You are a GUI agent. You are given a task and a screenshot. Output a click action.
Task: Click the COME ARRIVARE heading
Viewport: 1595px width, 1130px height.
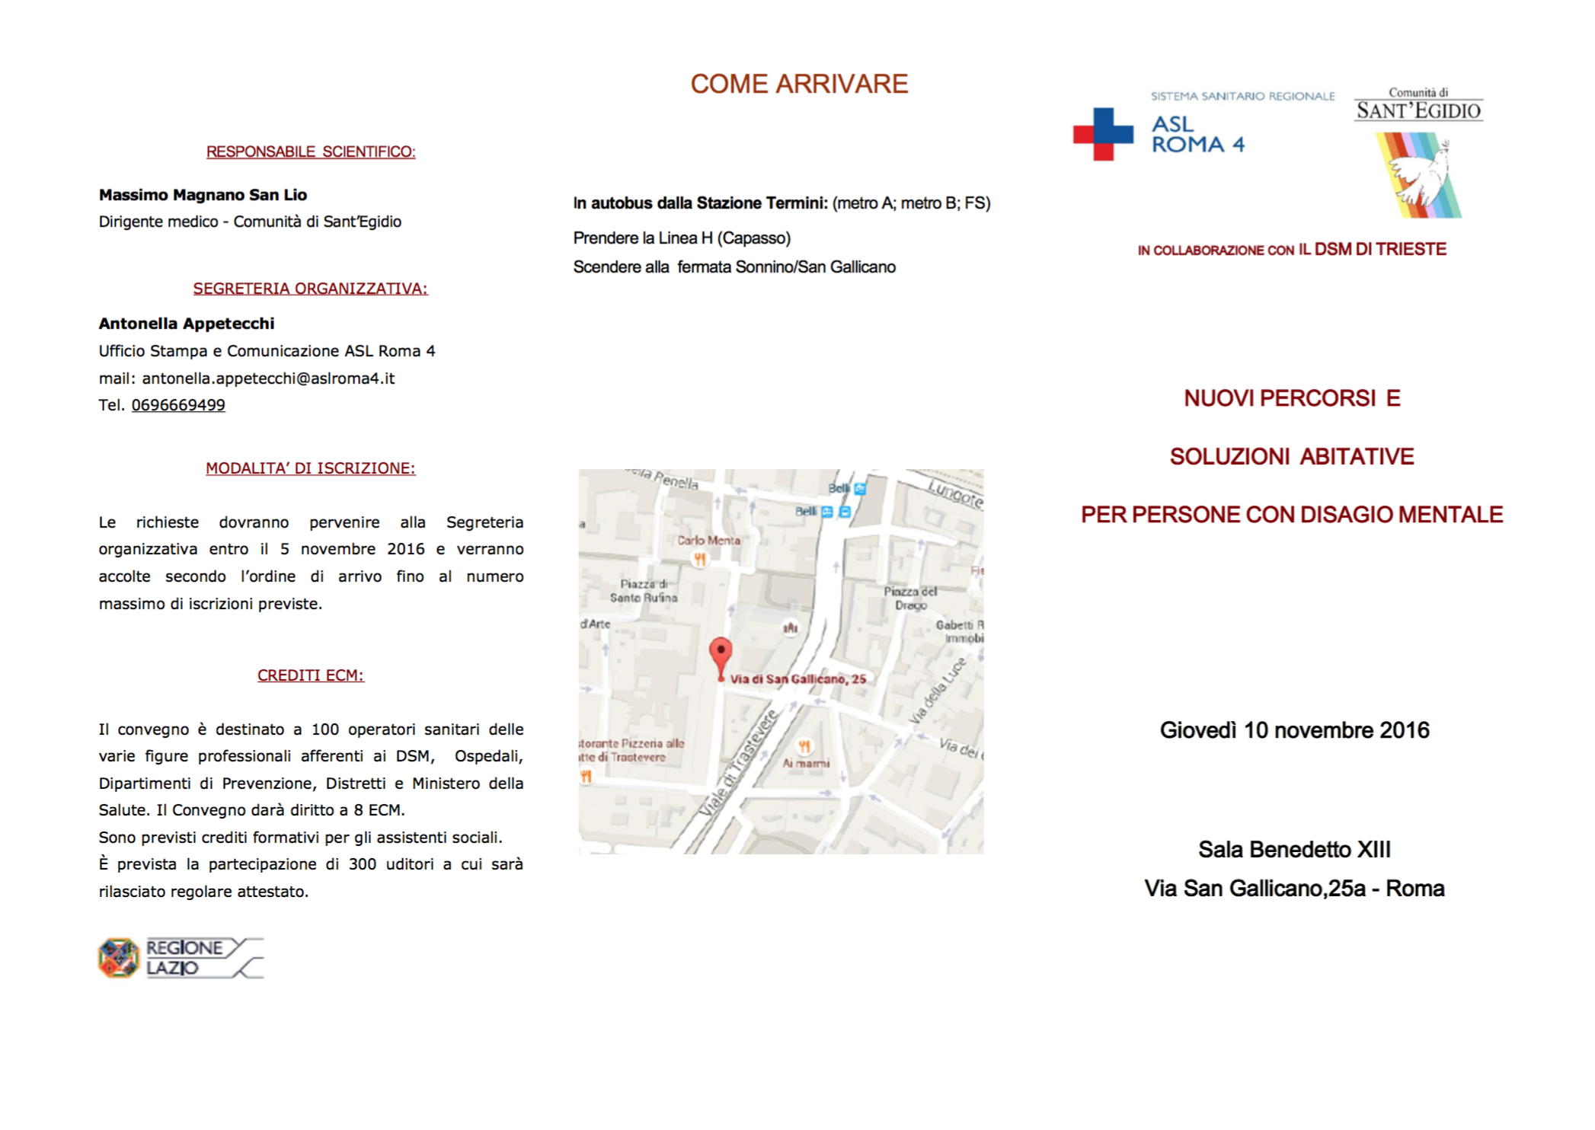[x=799, y=84]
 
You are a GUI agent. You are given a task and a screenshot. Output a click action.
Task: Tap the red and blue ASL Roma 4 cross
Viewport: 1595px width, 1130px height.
[x=1102, y=134]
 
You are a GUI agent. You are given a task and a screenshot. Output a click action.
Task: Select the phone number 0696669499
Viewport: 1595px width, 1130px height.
[x=178, y=405]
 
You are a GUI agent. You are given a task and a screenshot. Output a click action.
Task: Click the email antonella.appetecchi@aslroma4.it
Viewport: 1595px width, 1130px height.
[x=268, y=378]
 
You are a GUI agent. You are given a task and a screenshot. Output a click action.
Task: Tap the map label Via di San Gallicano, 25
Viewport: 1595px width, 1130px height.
[x=797, y=679]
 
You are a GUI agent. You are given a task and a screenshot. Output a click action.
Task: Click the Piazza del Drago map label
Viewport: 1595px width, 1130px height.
[x=911, y=598]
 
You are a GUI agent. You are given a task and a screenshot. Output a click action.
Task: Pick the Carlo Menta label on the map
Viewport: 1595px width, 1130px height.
[x=708, y=541]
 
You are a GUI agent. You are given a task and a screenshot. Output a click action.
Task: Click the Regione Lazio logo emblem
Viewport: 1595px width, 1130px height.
[x=119, y=958]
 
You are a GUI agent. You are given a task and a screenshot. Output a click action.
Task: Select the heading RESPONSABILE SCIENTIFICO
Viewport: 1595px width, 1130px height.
[x=311, y=152]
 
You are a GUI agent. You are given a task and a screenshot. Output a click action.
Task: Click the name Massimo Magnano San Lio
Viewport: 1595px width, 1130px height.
[x=203, y=195]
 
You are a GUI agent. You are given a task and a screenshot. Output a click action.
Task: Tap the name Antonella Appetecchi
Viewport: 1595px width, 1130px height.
[x=187, y=324]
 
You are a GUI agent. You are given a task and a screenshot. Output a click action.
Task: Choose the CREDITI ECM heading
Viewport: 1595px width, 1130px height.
[x=311, y=675]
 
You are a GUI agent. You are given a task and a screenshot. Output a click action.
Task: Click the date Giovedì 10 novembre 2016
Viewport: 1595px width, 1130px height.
[x=1294, y=730]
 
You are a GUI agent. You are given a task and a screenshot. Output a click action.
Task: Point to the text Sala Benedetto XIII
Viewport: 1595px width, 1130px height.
[x=1294, y=849]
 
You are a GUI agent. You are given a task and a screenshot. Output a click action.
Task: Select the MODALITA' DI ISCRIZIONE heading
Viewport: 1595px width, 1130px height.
[x=311, y=468]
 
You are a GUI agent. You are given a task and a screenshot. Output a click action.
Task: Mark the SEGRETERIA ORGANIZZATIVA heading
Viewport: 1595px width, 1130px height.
[x=311, y=289]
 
